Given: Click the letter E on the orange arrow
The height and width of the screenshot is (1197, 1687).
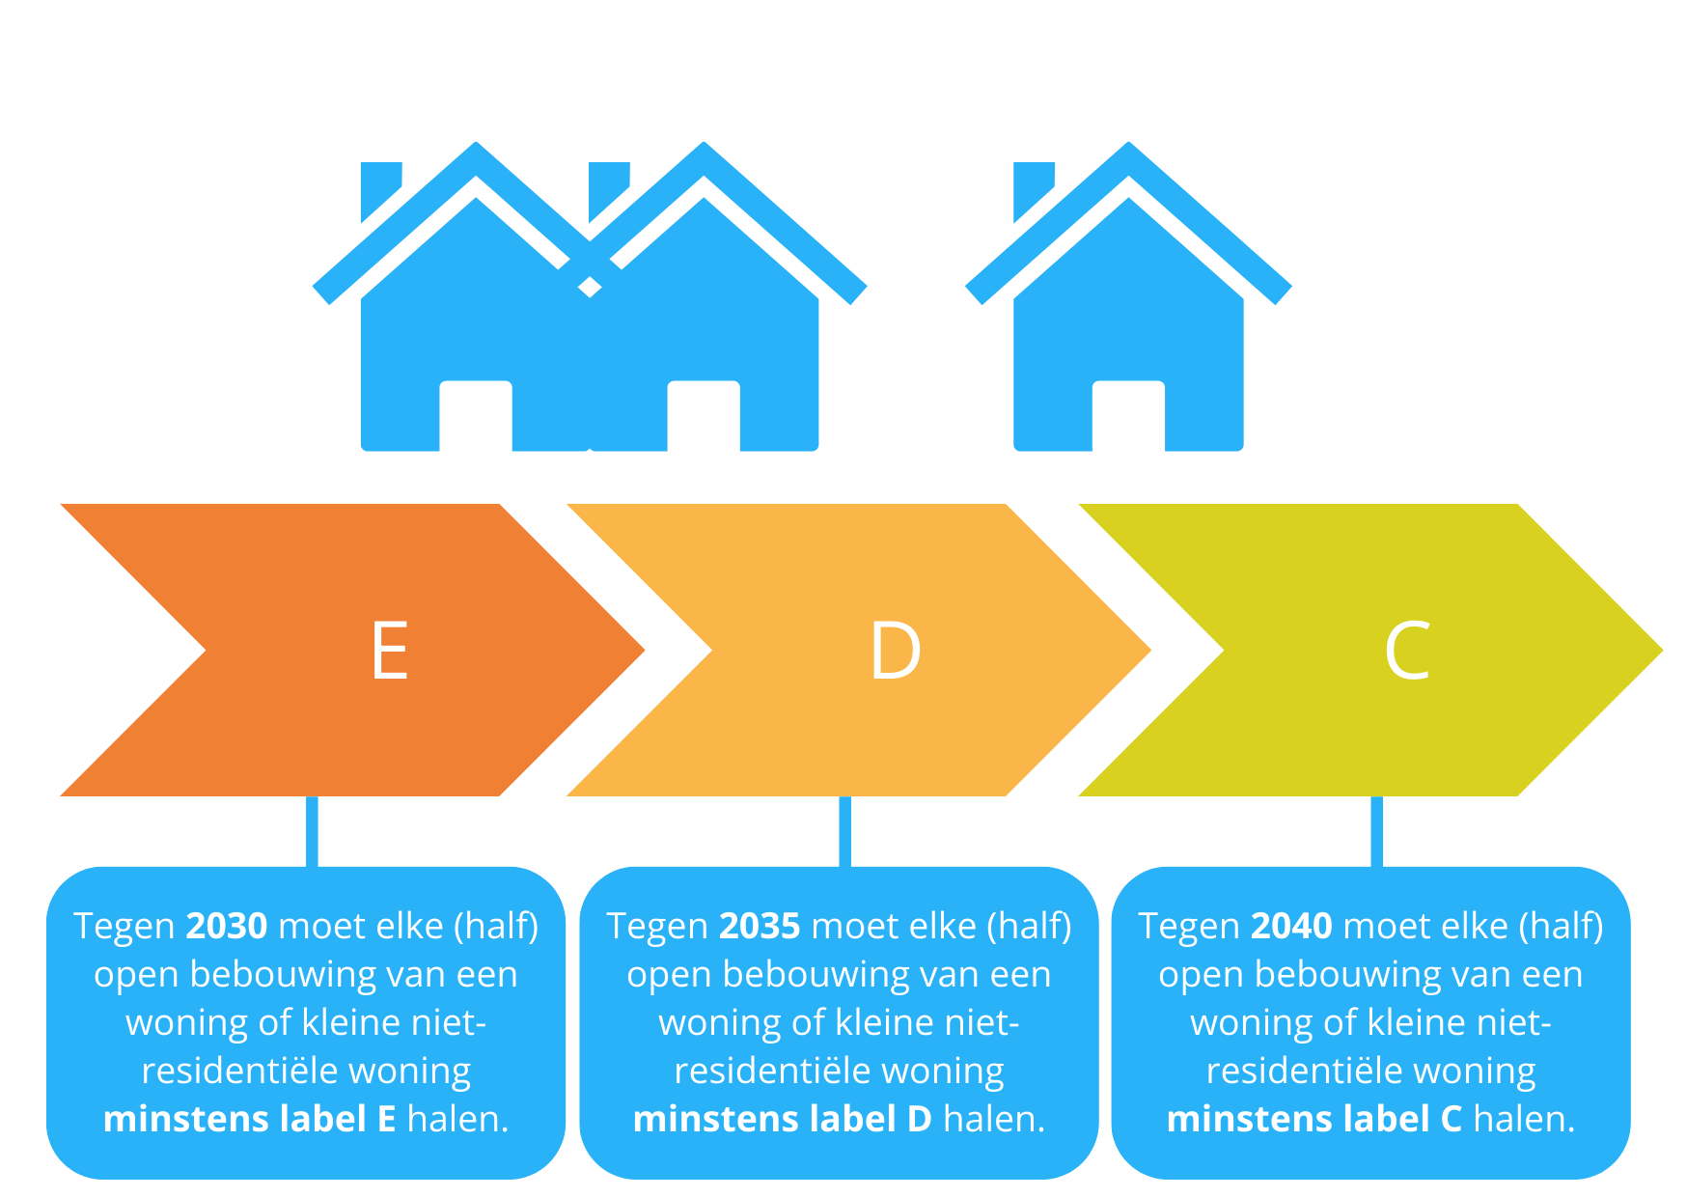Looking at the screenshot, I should click(390, 651).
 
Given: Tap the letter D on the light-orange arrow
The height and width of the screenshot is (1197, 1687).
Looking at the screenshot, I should click(895, 651).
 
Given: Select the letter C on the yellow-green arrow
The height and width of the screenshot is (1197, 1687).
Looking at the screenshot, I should click(1406, 651).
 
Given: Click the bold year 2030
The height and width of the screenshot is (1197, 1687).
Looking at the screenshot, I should click(226, 926).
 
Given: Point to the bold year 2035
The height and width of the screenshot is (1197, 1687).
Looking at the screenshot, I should click(760, 926).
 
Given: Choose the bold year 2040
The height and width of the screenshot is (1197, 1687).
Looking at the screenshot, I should click(1291, 926).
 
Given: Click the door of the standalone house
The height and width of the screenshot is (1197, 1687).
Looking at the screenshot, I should click(1128, 417).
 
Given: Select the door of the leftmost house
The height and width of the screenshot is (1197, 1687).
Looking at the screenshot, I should click(476, 417).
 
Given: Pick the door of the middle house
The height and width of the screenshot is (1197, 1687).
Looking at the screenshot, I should click(704, 417).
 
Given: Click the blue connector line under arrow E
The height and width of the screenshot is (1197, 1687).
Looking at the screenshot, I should click(312, 831).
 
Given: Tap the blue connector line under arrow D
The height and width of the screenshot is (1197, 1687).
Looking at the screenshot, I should click(844, 831).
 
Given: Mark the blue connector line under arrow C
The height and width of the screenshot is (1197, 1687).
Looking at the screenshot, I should click(1376, 831).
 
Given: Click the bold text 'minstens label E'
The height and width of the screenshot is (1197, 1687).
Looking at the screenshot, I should click(249, 1119).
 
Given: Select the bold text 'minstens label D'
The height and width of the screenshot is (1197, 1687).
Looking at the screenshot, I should click(782, 1119).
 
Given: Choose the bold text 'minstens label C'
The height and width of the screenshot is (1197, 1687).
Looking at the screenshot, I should click(1314, 1119).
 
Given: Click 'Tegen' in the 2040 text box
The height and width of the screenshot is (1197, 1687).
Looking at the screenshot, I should click(1188, 927).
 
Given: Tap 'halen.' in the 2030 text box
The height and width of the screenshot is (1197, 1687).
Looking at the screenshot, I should click(457, 1119).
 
